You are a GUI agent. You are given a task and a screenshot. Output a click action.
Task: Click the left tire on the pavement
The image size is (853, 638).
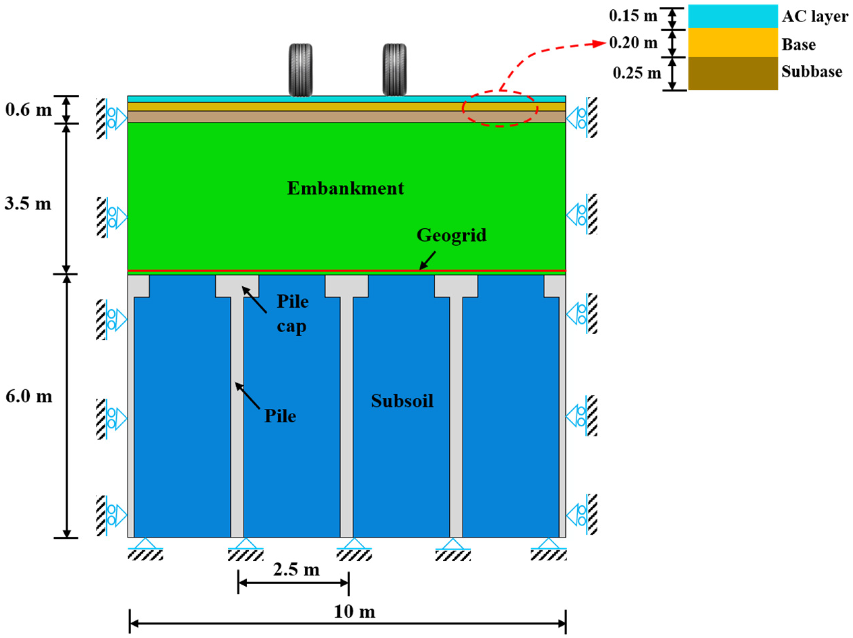tap(300, 70)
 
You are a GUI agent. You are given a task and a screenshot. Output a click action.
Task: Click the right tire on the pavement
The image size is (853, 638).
tap(394, 70)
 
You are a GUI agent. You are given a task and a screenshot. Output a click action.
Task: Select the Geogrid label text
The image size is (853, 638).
tap(452, 235)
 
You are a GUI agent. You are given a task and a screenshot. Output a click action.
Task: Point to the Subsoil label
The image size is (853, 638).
tap(402, 401)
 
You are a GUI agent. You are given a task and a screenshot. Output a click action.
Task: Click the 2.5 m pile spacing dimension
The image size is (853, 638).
tap(296, 570)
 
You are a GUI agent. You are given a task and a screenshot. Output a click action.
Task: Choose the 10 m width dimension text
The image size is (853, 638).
tap(354, 612)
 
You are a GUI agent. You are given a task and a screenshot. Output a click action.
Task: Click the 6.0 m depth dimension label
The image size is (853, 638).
tap(29, 396)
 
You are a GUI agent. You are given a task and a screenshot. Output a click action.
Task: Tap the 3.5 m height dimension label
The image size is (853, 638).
tap(28, 203)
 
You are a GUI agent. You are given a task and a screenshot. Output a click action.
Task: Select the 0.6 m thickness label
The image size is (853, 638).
tap(29, 110)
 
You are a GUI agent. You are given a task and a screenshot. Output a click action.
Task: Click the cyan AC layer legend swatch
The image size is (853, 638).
tap(733, 16)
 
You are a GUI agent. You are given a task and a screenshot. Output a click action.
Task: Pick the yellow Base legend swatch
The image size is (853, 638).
tap(733, 43)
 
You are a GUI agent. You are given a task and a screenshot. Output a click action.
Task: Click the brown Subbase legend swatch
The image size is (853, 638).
tap(733, 73)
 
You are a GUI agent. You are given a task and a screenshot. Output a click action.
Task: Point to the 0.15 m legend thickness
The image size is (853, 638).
tap(633, 16)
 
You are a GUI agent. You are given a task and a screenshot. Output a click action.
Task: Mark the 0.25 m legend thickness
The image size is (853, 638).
tap(637, 73)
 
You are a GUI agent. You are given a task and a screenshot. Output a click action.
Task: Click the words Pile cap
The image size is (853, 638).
tap(292, 314)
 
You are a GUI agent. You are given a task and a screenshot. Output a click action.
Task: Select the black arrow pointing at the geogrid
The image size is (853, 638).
tap(428, 260)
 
